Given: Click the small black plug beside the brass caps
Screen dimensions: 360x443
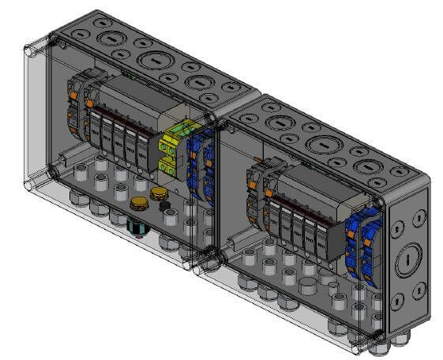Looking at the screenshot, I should click(x=165, y=207).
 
